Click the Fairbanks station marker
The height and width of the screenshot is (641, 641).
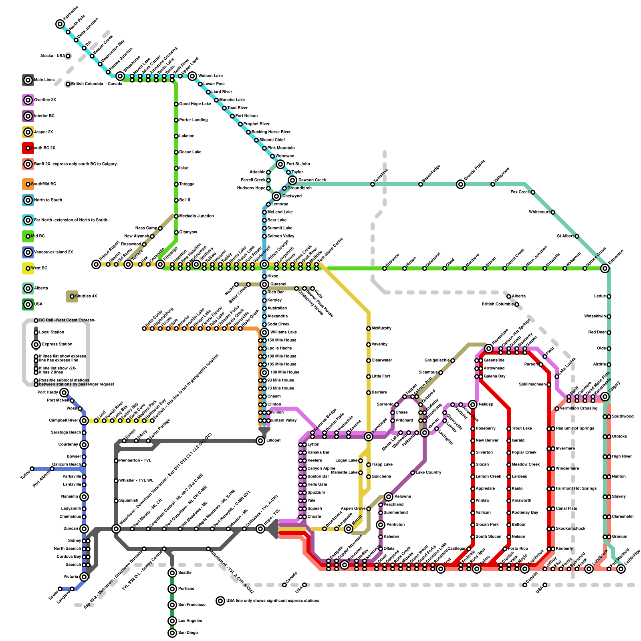coord(60,24)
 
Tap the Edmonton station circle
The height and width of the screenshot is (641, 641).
coord(605,268)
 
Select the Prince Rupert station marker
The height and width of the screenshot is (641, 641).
coord(96,264)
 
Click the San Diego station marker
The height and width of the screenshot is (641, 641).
coord(172,633)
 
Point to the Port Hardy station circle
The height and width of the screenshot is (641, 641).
coord(64,393)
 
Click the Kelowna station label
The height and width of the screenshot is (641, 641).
coord(403,497)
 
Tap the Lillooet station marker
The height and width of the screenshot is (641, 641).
coord(260,441)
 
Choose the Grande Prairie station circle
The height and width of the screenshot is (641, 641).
coord(461,184)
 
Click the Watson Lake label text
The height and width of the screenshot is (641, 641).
coord(210,76)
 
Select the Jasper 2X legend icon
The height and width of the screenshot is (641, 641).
coord(28,132)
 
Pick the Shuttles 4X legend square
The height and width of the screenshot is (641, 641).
coord(72,296)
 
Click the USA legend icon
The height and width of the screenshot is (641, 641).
coord(28,304)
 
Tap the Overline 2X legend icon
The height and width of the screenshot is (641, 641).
coord(28,100)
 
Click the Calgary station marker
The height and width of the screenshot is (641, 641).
coord(605,397)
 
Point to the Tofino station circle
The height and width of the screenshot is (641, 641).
coord(32,469)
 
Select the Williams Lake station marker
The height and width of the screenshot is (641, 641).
coord(264,333)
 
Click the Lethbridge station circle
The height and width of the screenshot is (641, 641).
coord(621,569)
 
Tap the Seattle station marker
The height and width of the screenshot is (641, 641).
coord(172,573)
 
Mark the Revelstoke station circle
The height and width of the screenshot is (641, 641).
coord(489,349)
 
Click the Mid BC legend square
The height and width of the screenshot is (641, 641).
coord(28,236)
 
